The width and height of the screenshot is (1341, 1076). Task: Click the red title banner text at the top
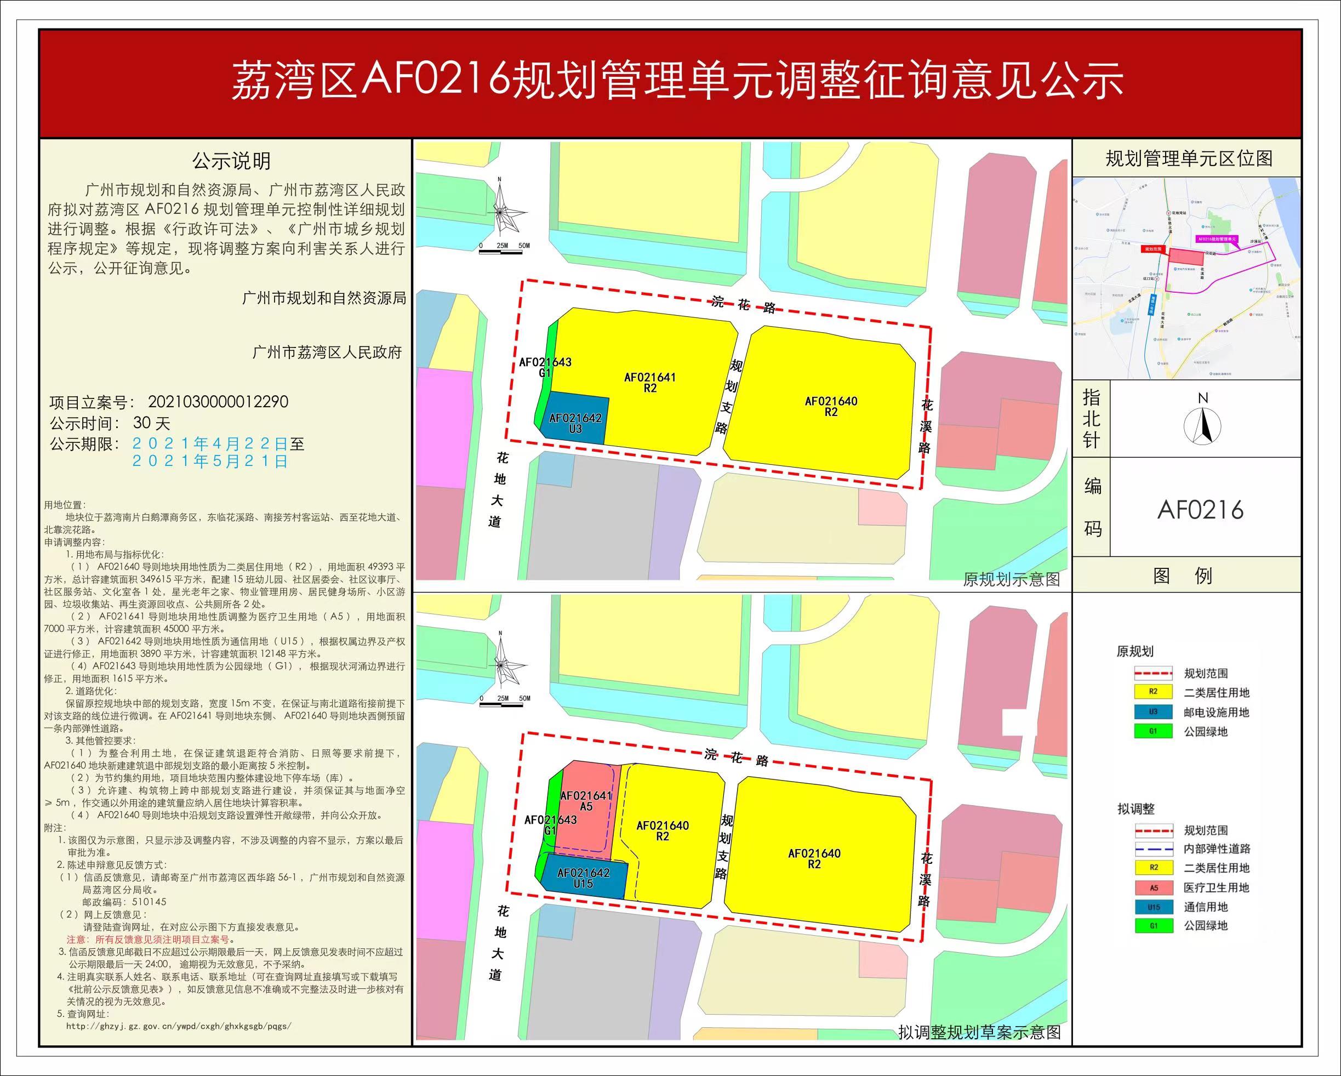[677, 81]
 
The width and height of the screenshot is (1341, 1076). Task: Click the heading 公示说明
[231, 161]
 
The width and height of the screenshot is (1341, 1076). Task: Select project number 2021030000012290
[218, 402]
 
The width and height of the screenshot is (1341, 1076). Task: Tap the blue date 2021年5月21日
[210, 461]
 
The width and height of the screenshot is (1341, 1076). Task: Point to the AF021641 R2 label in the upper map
[650, 383]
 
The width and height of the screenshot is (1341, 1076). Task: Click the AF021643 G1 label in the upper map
[545, 367]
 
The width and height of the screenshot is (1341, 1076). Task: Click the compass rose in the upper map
[500, 212]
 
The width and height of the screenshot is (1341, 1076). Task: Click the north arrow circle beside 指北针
[1202, 426]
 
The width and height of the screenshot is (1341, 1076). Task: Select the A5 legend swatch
[1153, 887]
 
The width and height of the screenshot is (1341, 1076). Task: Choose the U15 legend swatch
[1153, 907]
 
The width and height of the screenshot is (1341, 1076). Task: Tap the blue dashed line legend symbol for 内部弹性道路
[1153, 849]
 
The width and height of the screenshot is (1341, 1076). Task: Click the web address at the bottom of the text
[179, 1026]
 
